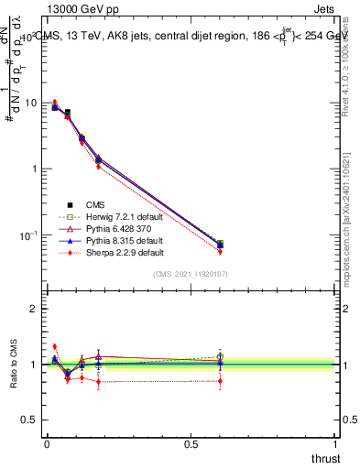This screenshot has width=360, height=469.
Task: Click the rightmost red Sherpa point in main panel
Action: pos(220,251)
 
